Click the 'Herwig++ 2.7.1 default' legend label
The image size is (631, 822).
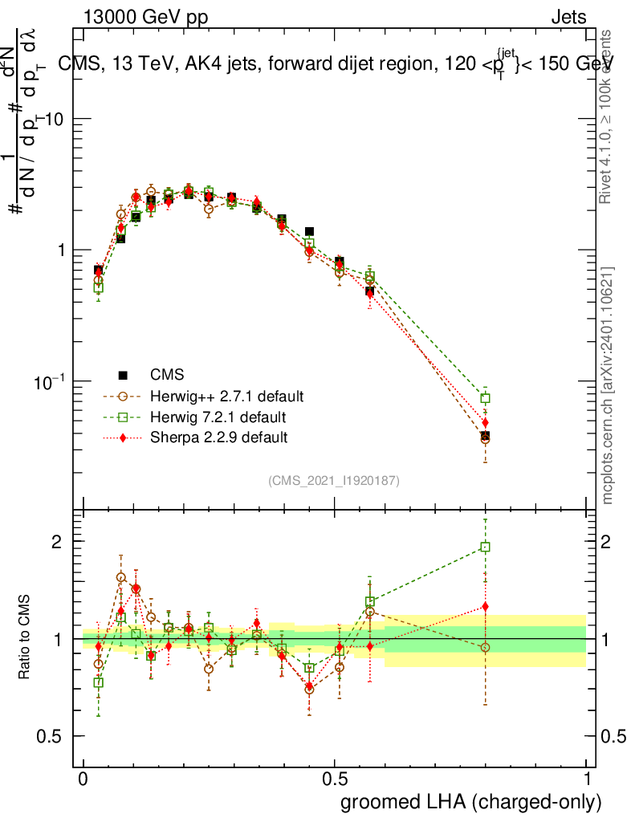226,397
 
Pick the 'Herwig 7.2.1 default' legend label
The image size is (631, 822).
218,417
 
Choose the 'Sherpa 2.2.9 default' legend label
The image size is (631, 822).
218,437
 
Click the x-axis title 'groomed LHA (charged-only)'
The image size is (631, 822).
472,802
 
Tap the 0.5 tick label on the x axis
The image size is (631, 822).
336,779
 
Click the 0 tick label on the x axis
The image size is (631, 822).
83,779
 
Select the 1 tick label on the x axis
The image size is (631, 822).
587,779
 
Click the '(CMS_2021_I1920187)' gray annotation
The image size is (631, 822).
334,480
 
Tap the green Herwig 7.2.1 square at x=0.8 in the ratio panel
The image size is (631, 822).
485,547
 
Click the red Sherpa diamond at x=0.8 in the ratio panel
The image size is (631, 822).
485,607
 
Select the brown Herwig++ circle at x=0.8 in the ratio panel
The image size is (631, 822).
485,647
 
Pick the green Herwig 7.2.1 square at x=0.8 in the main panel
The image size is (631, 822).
485,398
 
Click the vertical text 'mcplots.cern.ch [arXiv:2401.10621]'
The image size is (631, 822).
609,385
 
